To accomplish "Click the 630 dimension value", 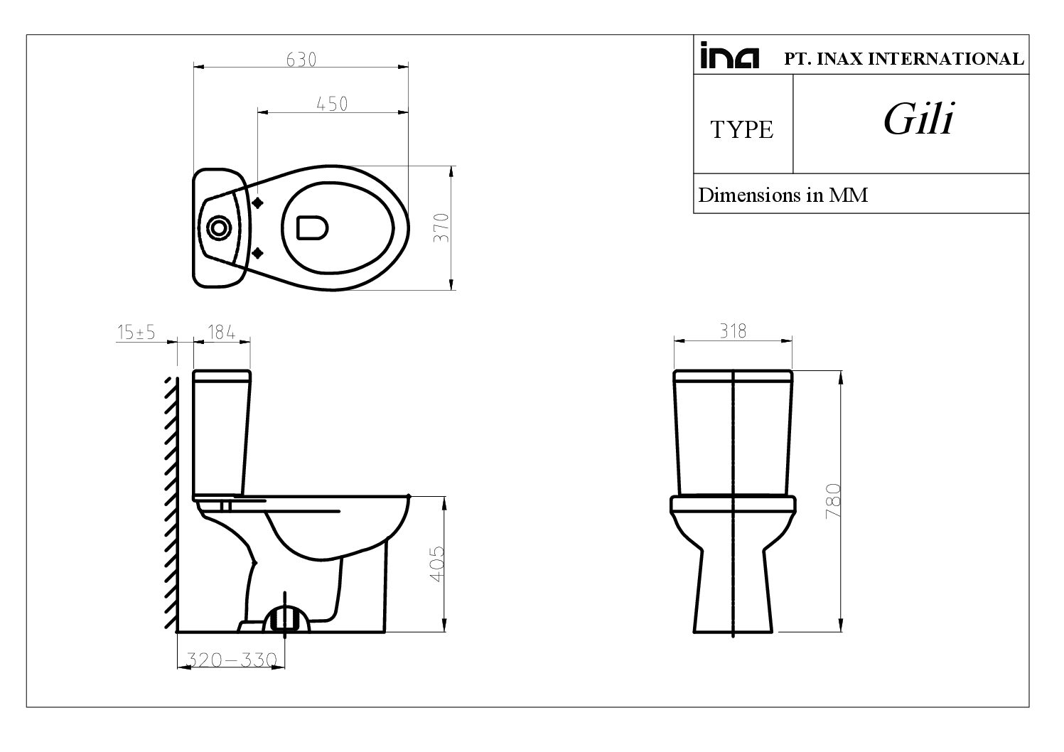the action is click(301, 60).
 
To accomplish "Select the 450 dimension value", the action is click(332, 104).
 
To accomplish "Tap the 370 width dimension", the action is click(441, 227).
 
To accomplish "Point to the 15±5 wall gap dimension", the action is click(136, 332).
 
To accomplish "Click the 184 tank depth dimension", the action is click(221, 332).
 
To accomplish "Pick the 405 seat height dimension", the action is click(437, 564).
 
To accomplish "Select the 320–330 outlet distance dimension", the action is click(231, 660).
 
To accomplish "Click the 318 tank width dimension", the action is click(733, 331).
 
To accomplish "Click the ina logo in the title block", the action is click(730, 56).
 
